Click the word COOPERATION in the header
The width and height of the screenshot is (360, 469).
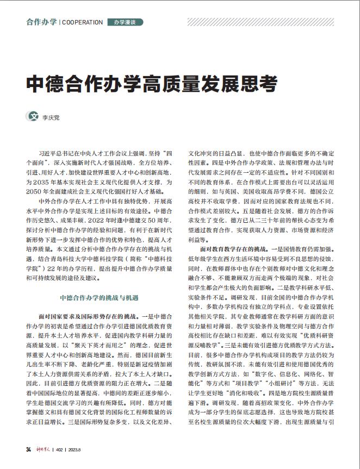click(x=82, y=22)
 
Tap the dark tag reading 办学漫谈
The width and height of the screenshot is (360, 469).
click(x=125, y=22)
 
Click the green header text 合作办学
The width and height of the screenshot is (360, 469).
click(x=41, y=22)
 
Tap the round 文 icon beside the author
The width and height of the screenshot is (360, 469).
click(x=33, y=116)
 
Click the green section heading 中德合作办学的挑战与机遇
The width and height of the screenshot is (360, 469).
click(x=100, y=298)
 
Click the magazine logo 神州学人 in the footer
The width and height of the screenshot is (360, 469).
click(x=42, y=448)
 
